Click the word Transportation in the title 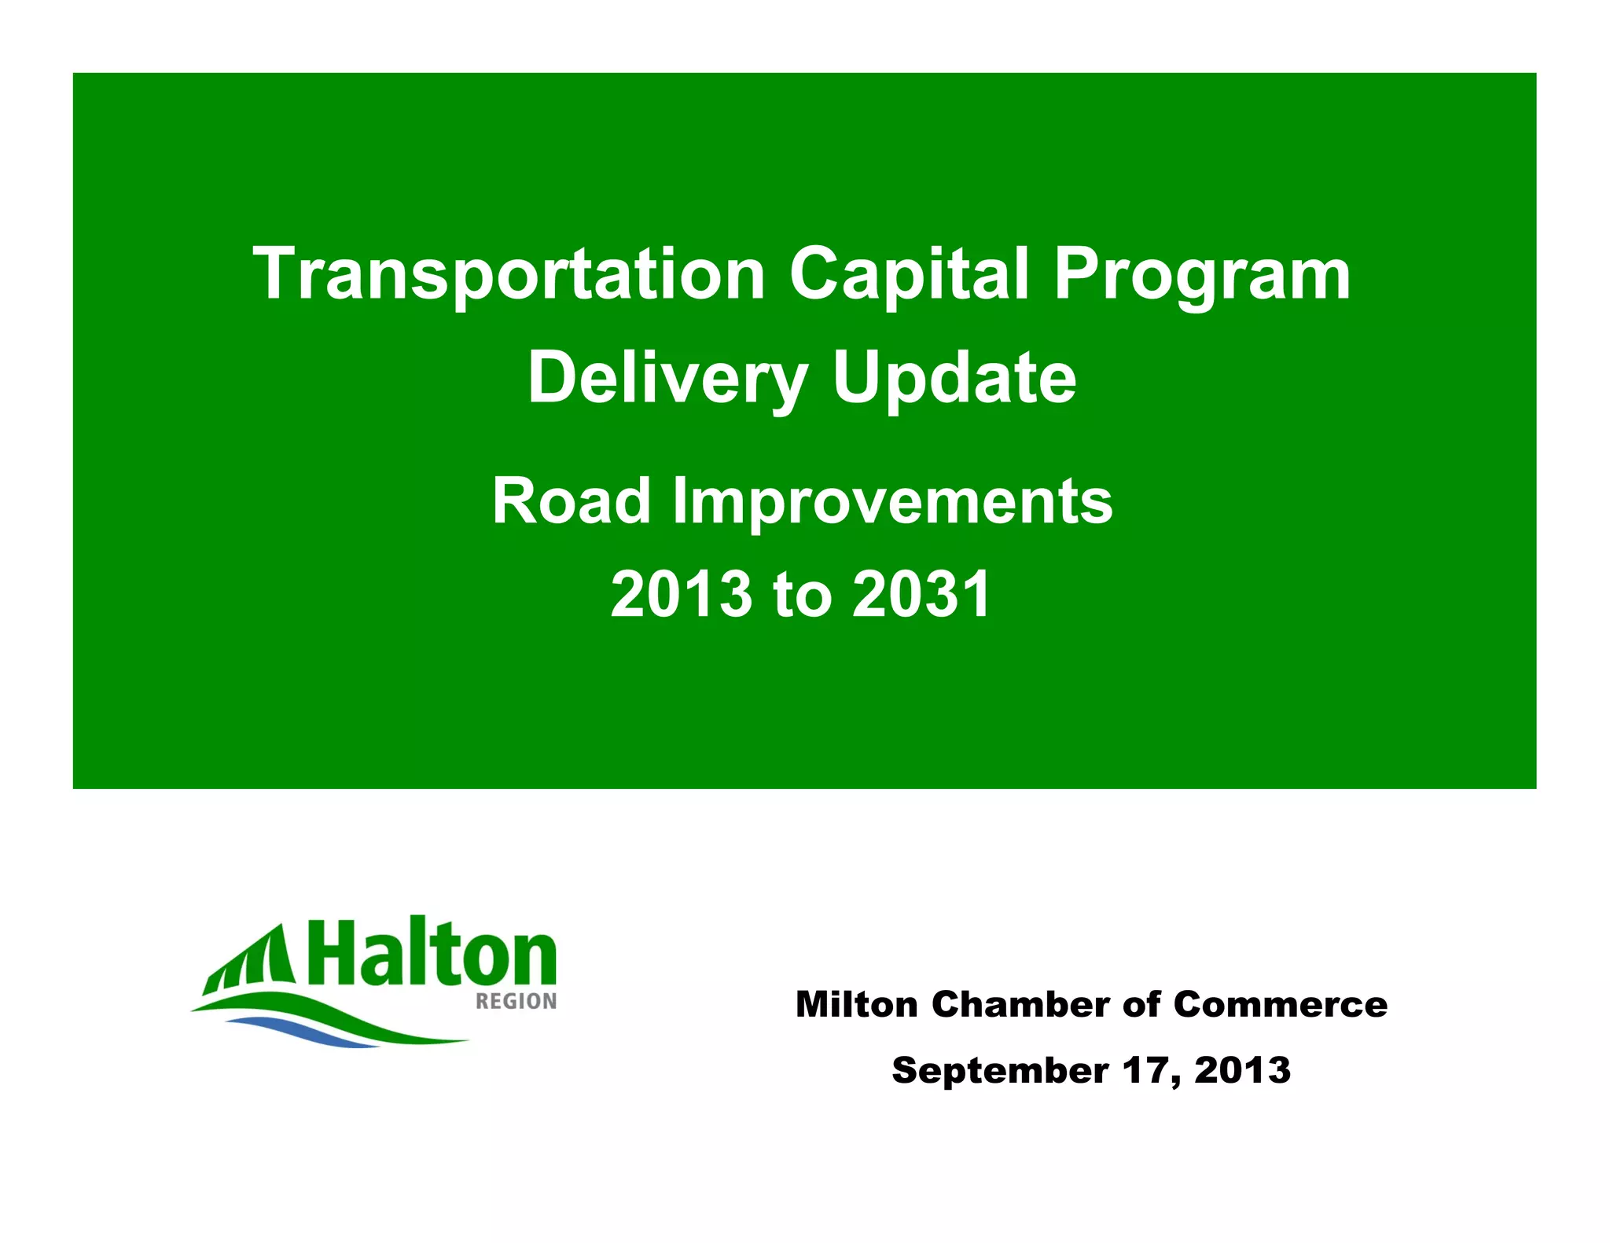509,274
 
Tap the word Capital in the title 909,274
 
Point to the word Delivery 667,379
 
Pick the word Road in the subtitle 572,501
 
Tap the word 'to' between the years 802,595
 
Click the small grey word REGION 516,1001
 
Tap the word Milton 856,1004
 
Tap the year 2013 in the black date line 1242,1071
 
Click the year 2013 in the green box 682,594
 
